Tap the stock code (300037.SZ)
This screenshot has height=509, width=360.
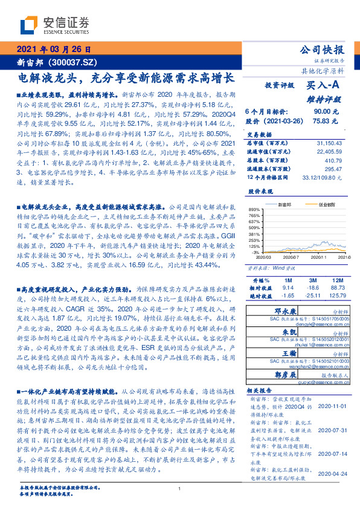point(72,62)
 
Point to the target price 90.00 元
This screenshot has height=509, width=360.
point(321,111)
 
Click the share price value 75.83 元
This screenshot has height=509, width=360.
point(321,120)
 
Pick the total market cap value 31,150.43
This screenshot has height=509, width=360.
point(330,143)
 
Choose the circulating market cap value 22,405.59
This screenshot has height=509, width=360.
point(330,151)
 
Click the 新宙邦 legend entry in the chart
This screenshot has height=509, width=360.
point(284,205)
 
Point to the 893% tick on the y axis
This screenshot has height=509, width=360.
point(253,209)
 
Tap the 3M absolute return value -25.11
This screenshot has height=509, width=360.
point(312,296)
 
